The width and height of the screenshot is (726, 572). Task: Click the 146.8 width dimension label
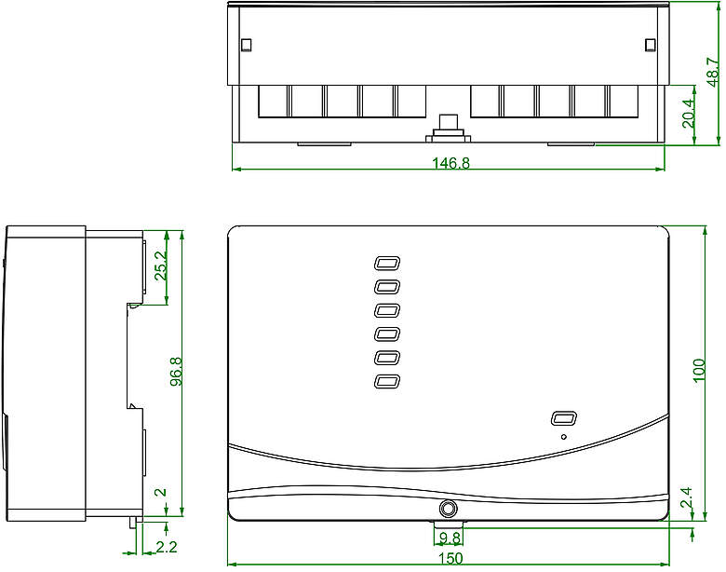coord(450,163)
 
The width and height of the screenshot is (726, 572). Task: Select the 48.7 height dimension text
coord(713,72)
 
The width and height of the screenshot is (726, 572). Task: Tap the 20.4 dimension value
coord(688,114)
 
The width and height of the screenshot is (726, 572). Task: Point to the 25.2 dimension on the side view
coord(160,266)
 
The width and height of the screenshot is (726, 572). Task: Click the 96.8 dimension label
coord(176,372)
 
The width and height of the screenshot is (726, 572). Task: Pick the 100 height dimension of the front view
coord(699,371)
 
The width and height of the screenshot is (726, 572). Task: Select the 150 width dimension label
coord(450,559)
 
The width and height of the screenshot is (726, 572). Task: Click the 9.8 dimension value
coord(450,538)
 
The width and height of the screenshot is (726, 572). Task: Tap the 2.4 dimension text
coord(686,497)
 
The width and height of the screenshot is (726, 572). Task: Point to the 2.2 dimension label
coord(167,548)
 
